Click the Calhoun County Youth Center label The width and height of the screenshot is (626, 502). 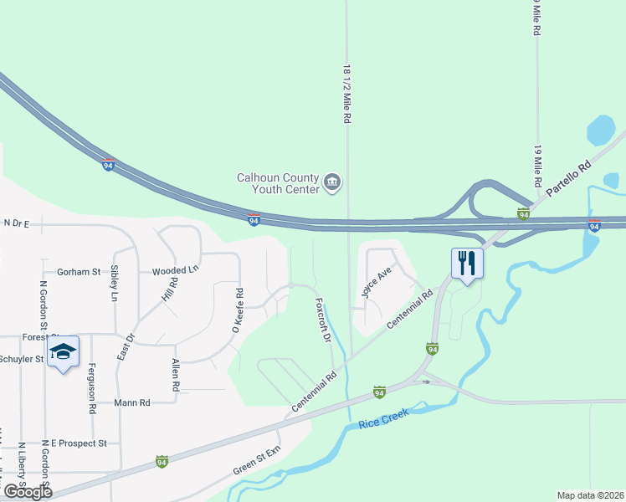point(278,183)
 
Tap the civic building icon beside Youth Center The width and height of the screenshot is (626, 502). point(332,182)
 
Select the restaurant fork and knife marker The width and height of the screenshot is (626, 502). point(466,264)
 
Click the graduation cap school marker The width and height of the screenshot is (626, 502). point(64,353)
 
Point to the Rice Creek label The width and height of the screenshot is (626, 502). point(381,424)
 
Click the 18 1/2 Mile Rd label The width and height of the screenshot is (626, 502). point(346,95)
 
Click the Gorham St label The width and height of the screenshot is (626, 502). point(78,272)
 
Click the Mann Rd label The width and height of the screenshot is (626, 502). point(133,402)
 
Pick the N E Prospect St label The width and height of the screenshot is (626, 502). point(74,443)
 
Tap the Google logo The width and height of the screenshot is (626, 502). point(28,492)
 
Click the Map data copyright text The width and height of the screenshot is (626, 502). point(591,495)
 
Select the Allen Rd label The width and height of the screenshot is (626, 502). point(175,376)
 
